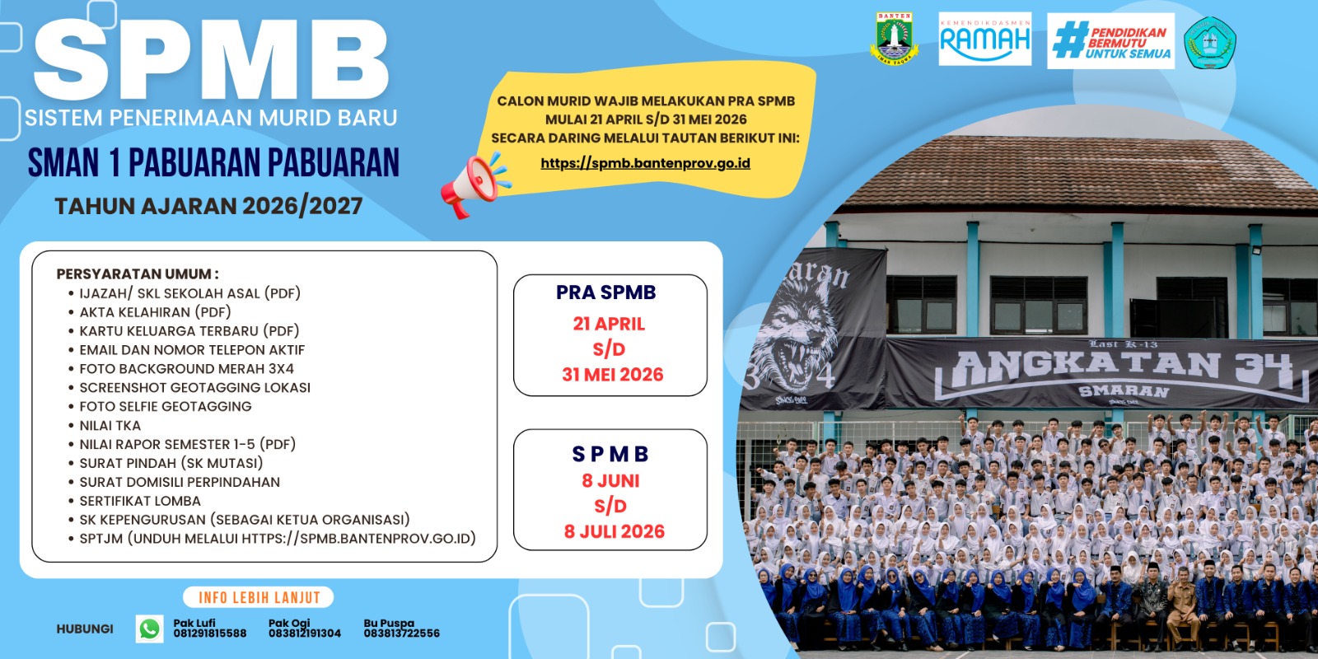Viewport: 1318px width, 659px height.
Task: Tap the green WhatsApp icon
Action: tap(149, 629)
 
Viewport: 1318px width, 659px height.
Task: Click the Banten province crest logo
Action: tap(895, 38)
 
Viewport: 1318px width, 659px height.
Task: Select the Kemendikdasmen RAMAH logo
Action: tap(985, 39)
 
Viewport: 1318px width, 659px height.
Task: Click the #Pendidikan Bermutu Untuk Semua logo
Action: tap(1111, 41)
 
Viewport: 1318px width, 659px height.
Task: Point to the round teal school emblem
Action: tap(1210, 42)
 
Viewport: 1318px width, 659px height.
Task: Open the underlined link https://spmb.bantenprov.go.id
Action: tap(646, 163)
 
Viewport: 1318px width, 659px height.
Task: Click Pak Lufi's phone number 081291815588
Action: tap(210, 633)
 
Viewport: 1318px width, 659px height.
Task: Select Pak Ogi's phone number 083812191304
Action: tap(305, 633)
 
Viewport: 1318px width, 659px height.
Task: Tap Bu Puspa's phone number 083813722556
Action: tap(402, 633)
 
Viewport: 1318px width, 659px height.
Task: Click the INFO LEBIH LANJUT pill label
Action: tap(259, 598)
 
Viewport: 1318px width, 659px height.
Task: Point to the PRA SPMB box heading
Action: tap(606, 292)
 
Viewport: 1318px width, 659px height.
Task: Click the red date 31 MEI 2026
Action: tap(613, 375)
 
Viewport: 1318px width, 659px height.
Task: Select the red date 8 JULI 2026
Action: tap(615, 532)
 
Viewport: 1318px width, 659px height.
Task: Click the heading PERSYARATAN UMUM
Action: tap(138, 274)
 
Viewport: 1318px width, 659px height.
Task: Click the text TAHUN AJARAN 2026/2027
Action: tap(208, 207)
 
